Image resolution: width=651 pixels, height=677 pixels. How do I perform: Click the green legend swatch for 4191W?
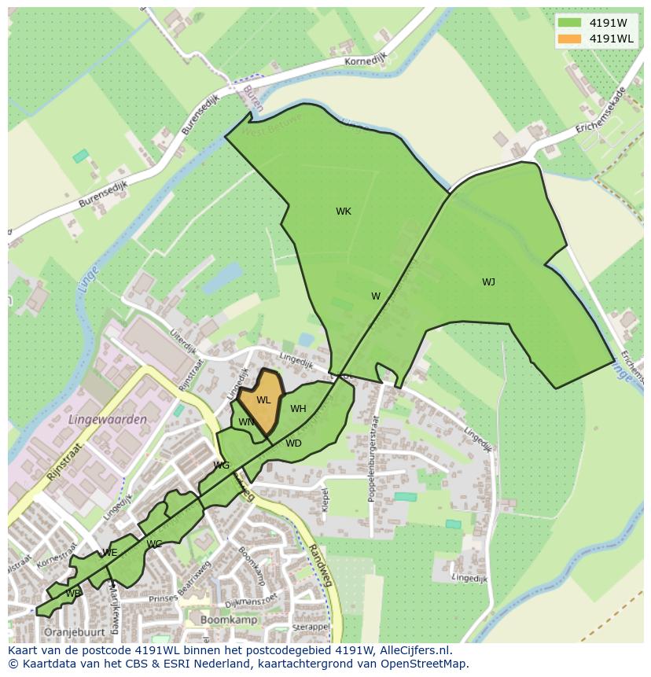tap(571, 22)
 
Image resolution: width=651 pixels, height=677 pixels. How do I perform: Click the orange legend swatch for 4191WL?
tap(571, 39)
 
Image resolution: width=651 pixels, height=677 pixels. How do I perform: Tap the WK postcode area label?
tap(344, 212)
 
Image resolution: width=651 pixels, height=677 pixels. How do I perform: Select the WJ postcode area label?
tap(488, 282)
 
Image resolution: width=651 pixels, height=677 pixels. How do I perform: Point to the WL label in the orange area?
tap(263, 400)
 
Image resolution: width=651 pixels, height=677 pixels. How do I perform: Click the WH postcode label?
tap(298, 409)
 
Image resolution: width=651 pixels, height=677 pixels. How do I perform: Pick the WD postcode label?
tap(293, 443)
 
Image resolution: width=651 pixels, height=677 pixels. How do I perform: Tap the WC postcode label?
tap(154, 544)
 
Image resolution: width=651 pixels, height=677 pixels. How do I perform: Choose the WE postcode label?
tap(110, 553)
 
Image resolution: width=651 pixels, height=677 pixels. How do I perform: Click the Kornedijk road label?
tap(365, 61)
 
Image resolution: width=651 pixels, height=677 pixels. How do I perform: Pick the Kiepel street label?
tap(325, 498)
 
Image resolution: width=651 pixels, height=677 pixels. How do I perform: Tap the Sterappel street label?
tap(310, 627)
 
